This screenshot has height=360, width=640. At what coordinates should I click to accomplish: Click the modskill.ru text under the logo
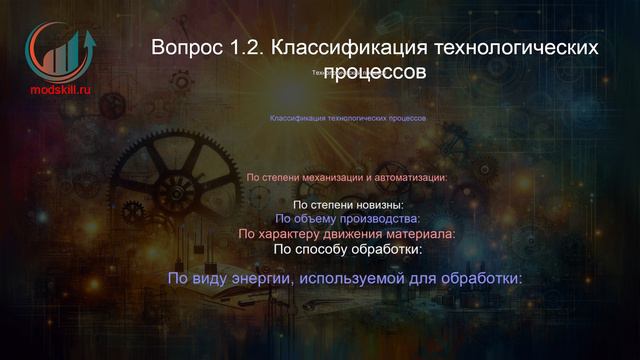[x=60, y=88]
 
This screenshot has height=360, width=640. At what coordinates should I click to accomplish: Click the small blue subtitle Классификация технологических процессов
[x=348, y=118]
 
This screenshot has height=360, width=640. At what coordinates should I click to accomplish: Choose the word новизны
[x=373, y=205]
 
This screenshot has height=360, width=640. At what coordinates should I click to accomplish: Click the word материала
[x=420, y=234]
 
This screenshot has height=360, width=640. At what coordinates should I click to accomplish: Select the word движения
[x=356, y=234]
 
